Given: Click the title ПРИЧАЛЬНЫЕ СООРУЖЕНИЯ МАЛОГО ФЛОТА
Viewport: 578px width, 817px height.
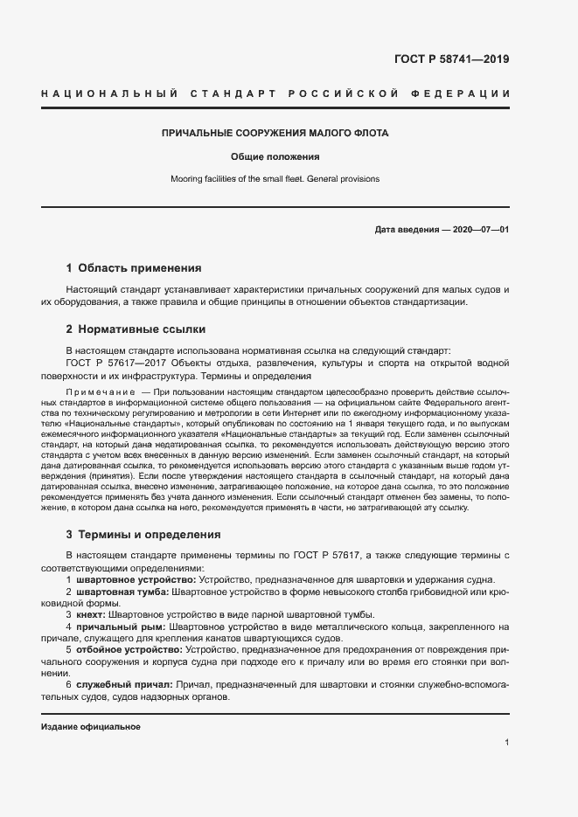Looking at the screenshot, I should (x=275, y=134).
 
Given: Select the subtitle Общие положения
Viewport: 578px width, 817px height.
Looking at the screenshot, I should (x=275, y=157).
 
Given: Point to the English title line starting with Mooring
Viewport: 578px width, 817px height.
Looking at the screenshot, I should (x=275, y=179).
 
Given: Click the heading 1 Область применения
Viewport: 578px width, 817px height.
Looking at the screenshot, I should (x=134, y=268).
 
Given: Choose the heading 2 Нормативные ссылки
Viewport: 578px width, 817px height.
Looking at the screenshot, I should (x=136, y=329).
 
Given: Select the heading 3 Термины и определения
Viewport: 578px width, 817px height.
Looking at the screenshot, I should (x=143, y=534).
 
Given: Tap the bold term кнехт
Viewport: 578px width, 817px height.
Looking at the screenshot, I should (x=93, y=614).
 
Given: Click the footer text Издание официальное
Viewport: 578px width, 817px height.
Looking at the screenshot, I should (x=90, y=727).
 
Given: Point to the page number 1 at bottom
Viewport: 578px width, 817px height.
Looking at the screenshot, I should (x=506, y=742).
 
